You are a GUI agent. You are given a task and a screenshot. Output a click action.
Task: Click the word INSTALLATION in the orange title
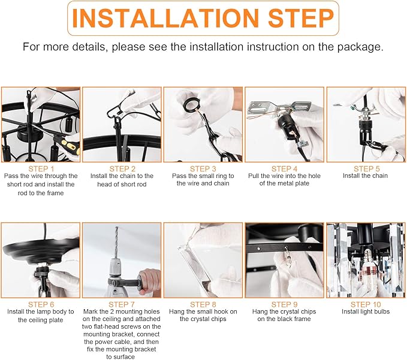(x=165, y=17)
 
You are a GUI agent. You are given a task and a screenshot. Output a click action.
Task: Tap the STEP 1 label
(x=41, y=169)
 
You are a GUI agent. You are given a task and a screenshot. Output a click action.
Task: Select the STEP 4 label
(x=284, y=169)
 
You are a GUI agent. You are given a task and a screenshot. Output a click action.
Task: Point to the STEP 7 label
(x=122, y=304)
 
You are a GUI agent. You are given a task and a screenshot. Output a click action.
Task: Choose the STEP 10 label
(x=366, y=304)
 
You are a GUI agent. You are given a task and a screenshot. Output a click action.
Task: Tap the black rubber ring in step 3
(x=191, y=104)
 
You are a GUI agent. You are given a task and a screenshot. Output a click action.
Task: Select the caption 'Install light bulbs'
(x=366, y=311)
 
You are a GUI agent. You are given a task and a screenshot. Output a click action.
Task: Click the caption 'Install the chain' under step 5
(x=365, y=176)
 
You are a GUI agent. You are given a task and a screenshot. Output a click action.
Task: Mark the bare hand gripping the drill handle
(x=149, y=281)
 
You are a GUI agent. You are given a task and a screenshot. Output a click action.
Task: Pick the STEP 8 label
(x=203, y=304)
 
